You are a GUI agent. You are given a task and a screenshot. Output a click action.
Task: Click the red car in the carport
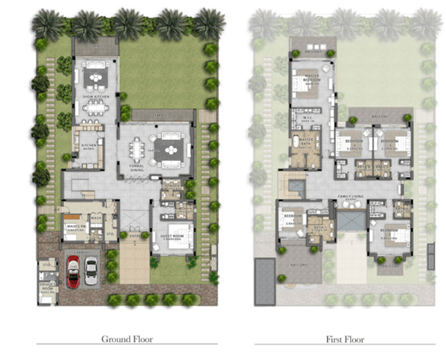pyautogui.click(x=73, y=271)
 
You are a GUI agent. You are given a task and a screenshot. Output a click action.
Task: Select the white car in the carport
pyautogui.click(x=91, y=271)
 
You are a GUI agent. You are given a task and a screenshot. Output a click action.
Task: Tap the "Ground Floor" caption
pyautogui.click(x=127, y=339)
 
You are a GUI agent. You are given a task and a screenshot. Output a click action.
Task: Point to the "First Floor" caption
pyautogui.click(x=344, y=339)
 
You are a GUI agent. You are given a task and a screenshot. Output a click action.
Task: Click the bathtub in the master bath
pyautogui.click(x=297, y=141)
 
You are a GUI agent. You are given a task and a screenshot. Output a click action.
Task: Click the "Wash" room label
pyautogui.click(x=96, y=218)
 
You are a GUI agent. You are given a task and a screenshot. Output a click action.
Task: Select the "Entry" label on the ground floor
pyautogui.click(x=134, y=235)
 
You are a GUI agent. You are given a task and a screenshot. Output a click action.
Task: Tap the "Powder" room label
pyautogui.click(x=171, y=186)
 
